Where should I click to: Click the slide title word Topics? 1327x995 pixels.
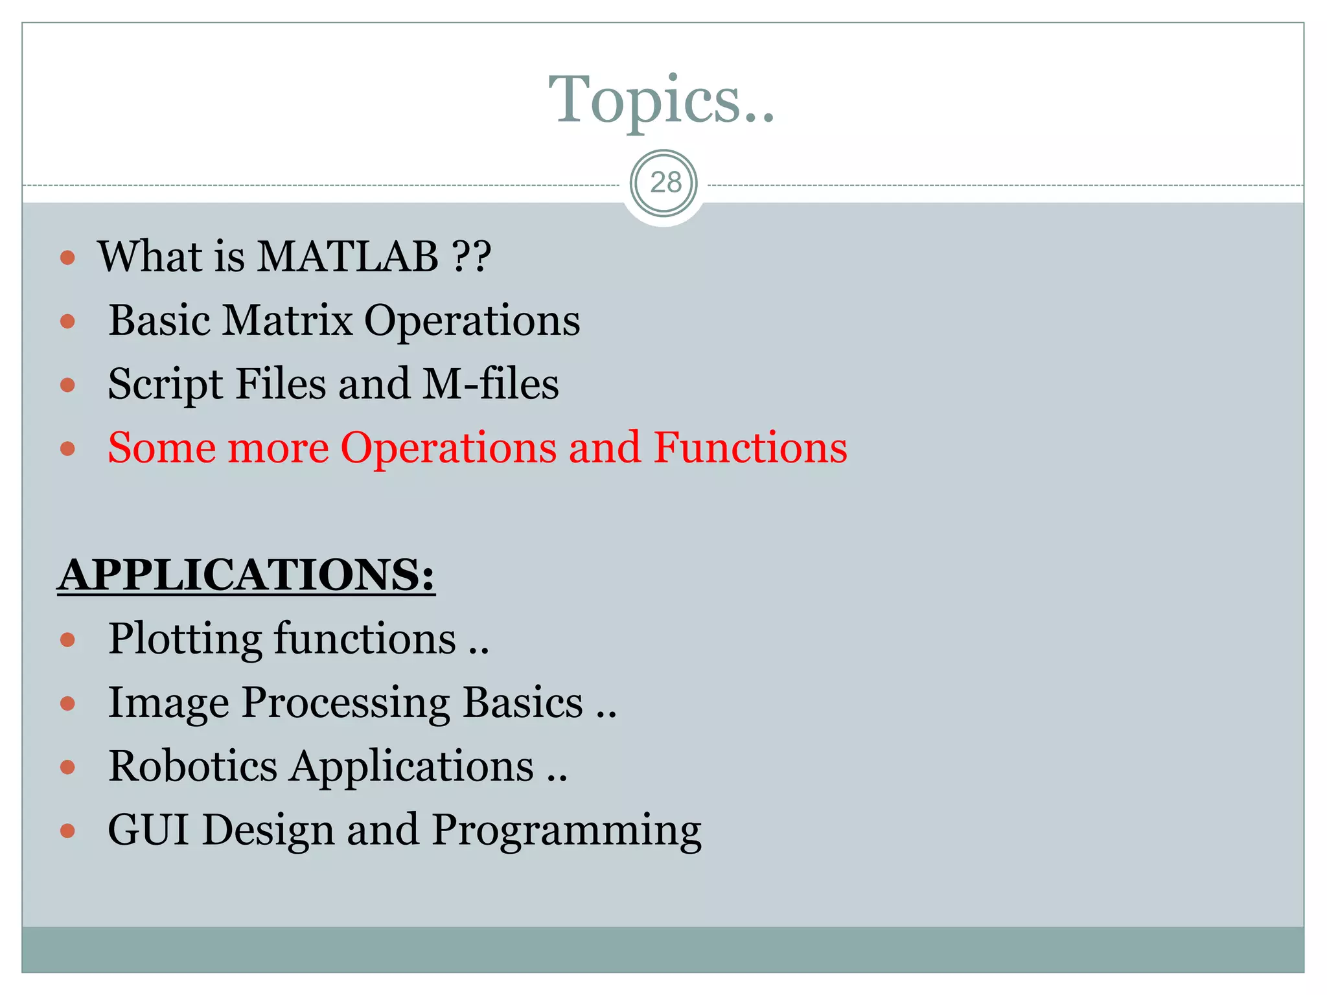661,99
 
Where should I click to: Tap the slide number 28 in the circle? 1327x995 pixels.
665,183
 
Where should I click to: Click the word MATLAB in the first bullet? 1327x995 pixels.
348,257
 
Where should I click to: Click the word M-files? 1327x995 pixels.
490,383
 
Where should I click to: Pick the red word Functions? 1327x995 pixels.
750,448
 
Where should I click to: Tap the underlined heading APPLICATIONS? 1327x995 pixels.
246,575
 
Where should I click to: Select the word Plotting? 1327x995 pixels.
185,639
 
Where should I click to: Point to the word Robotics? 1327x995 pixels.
192,766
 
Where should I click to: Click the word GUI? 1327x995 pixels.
148,830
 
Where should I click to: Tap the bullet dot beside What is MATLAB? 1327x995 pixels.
67,258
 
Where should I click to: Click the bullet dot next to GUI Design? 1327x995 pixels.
67,831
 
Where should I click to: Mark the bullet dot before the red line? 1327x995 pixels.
67,448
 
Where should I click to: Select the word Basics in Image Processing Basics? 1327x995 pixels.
523,703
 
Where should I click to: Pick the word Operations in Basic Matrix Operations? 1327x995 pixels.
472,321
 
